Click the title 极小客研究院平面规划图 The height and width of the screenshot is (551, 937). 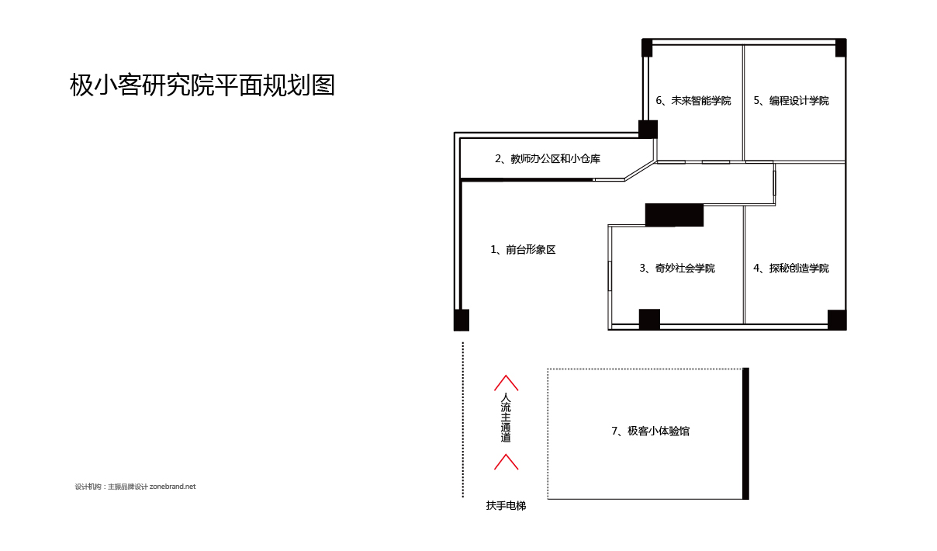pyautogui.click(x=202, y=85)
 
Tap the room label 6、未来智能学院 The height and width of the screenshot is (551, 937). pyautogui.click(x=693, y=101)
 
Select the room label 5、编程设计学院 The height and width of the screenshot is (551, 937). pyautogui.click(x=791, y=101)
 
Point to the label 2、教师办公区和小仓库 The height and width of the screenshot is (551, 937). pyautogui.click(x=548, y=159)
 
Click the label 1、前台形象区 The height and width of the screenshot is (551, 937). pyautogui.click(x=523, y=250)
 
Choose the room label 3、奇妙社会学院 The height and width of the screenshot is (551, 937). pyautogui.click(x=677, y=269)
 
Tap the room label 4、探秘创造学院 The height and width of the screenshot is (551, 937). pyautogui.click(x=791, y=269)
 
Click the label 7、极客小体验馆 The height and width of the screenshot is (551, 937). pyautogui.click(x=650, y=431)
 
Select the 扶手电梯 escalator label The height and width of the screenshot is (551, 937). pyautogui.click(x=506, y=506)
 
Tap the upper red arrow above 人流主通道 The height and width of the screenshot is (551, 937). pyautogui.click(x=506, y=383)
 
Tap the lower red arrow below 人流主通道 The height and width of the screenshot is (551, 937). pyautogui.click(x=506, y=462)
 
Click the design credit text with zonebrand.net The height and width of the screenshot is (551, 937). pyautogui.click(x=136, y=487)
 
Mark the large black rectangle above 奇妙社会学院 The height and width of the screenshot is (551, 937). pyautogui.click(x=674, y=215)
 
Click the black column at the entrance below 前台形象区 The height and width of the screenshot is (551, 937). pyautogui.click(x=462, y=320)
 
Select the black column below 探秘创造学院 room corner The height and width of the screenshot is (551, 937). pyautogui.click(x=837, y=319)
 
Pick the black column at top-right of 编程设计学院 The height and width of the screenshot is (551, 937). pyautogui.click(x=841, y=47)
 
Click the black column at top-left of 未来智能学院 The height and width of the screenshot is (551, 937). pyautogui.click(x=647, y=47)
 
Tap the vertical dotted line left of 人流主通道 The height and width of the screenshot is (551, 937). pyautogui.click(x=462, y=419)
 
